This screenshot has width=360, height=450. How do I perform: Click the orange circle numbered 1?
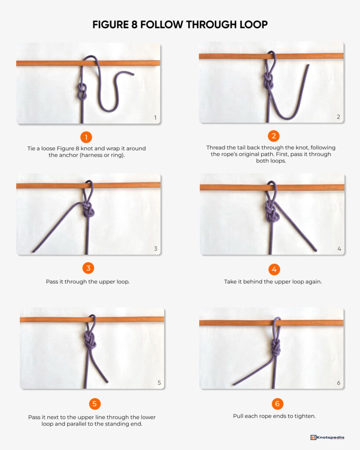click(86, 137)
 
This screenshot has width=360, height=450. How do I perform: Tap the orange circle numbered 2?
click(273, 136)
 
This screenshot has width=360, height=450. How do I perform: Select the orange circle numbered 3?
click(88, 268)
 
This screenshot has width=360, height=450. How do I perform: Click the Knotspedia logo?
click(327, 437)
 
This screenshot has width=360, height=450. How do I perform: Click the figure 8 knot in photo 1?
click(82, 93)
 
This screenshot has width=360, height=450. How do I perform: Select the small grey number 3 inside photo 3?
click(155, 249)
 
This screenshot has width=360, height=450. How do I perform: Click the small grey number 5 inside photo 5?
click(159, 383)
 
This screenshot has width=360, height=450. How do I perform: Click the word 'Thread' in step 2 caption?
click(216, 148)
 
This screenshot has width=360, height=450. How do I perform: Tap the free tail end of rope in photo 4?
click(316, 250)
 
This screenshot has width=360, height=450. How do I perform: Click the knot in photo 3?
click(89, 210)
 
